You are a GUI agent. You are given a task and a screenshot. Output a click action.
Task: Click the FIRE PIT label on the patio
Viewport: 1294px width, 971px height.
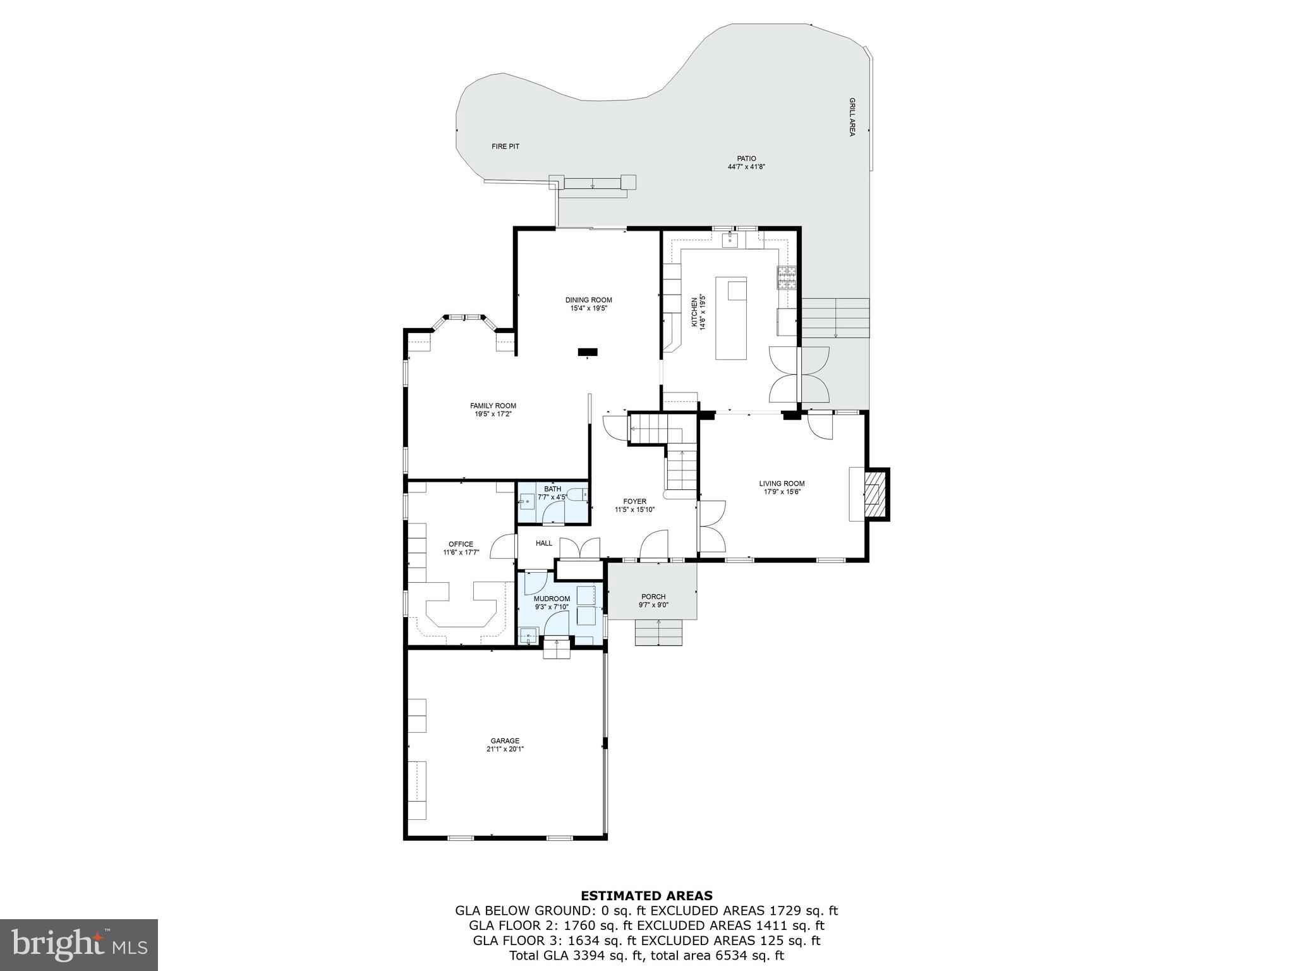point(505,147)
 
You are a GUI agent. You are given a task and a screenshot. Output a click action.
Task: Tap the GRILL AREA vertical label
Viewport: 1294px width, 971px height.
point(852,117)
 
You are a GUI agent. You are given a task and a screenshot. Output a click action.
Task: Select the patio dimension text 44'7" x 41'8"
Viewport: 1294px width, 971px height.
point(746,167)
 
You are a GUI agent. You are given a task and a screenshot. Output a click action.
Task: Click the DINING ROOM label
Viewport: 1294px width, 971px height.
point(588,300)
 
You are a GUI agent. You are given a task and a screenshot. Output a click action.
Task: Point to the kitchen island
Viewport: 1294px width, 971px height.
point(731,318)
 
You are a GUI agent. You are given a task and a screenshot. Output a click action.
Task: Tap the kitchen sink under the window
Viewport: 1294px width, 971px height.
point(731,240)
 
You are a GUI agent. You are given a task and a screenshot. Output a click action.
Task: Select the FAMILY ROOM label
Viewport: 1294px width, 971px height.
point(493,406)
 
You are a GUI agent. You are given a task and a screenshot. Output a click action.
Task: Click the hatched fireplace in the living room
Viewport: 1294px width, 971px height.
point(875,494)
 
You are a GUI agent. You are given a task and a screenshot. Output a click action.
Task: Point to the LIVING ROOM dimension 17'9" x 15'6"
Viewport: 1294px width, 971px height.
point(782,492)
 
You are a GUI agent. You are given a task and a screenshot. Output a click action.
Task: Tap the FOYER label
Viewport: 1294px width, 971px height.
point(634,501)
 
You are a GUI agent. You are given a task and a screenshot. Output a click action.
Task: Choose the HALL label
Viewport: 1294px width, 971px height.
point(544,543)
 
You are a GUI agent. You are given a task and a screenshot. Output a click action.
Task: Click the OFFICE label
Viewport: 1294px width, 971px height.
point(461,544)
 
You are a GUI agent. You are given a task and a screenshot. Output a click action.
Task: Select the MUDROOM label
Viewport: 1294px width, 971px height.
point(552,599)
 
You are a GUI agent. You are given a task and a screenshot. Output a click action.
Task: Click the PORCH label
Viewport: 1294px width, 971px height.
point(653,597)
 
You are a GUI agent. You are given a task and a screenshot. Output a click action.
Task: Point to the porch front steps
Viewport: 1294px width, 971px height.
point(659,633)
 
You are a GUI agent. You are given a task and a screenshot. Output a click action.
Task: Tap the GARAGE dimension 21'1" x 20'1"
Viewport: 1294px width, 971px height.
point(505,749)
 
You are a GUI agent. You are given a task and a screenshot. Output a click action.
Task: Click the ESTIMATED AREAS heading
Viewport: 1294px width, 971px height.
point(646,896)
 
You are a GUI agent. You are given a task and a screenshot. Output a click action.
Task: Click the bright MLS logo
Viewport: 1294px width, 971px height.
point(79,945)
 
